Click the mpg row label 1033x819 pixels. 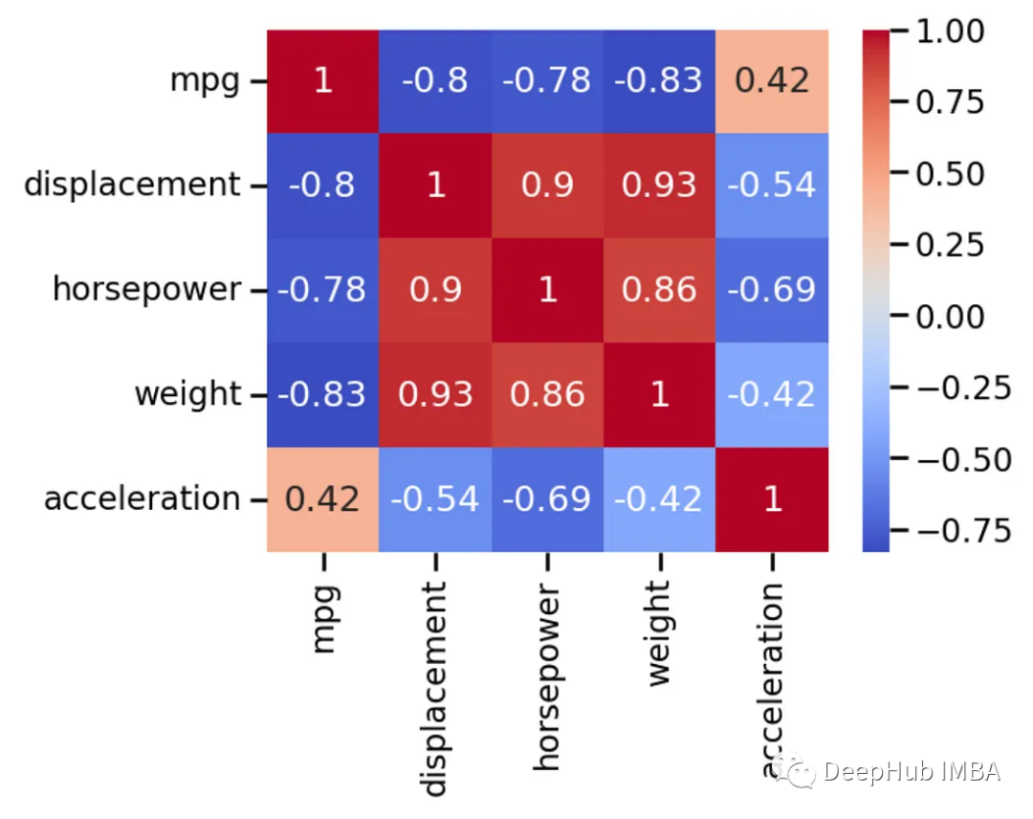tap(205, 80)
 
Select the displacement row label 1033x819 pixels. tap(132, 184)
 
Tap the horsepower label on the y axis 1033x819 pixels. tap(146, 289)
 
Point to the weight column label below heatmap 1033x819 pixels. tap(660, 632)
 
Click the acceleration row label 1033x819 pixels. tap(142, 498)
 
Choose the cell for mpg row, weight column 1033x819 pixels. tap(659, 80)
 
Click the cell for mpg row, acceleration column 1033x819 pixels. tap(772, 80)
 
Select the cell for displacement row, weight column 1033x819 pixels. tap(659, 185)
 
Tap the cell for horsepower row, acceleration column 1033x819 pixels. tap(772, 289)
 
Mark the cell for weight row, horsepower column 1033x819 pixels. tap(547, 394)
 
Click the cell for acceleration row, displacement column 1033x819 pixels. tap(435, 498)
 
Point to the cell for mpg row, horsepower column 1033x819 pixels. tap(547, 80)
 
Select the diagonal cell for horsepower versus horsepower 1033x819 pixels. tap(547, 289)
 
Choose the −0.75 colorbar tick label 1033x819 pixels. tap(956, 530)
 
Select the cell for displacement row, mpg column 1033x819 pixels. tap(322, 185)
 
